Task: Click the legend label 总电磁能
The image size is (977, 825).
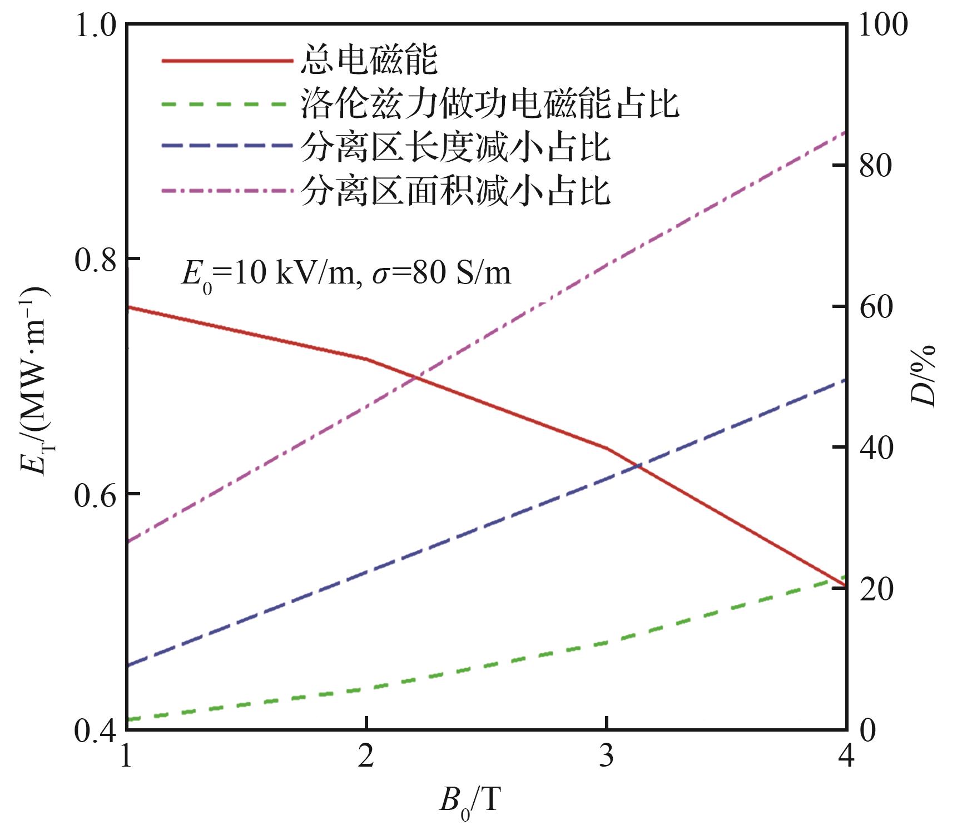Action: pos(369,60)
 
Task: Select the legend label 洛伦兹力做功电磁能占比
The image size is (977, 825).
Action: pos(490,103)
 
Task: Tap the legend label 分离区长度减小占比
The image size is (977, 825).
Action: pos(456,147)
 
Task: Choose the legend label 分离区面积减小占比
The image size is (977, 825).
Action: pos(456,190)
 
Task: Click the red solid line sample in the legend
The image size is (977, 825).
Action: pos(227,60)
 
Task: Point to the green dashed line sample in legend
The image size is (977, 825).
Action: pos(227,103)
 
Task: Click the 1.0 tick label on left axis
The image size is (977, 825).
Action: pos(95,26)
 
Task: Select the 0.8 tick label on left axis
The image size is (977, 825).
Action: pos(95,259)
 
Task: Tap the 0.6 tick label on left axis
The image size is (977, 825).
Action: pos(95,494)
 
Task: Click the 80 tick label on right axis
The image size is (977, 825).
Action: pos(875,166)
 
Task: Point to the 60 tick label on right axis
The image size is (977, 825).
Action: pos(875,307)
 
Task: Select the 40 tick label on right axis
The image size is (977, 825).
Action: pos(875,448)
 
